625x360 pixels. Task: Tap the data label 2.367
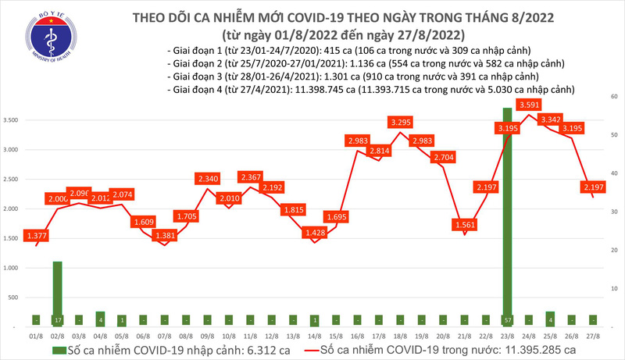pyautogui.click(x=252, y=177)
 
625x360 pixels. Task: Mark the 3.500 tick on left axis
pyautogui.click(x=11, y=120)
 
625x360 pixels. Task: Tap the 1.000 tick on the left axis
pyautogui.click(x=11, y=268)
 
